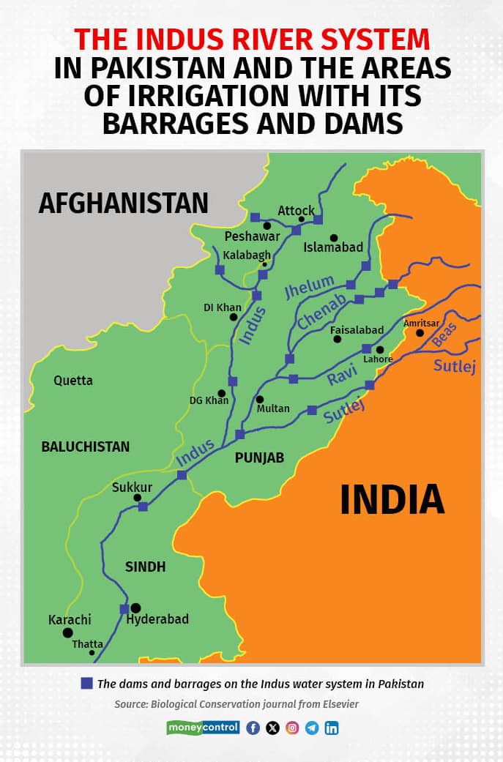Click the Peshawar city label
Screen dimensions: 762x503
pos(253,236)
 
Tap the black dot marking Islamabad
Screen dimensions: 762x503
pos(334,238)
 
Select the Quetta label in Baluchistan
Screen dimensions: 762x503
pos(73,381)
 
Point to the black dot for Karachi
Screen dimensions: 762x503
pos(67,632)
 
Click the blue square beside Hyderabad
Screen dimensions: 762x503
pos(124,608)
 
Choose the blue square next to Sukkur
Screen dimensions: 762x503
pos(143,507)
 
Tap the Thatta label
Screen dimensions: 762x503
pos(87,644)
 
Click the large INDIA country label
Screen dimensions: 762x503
pos(392,500)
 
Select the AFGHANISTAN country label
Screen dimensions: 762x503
pos(124,202)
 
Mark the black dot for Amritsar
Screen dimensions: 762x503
pos(420,333)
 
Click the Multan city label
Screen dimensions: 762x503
pos(273,408)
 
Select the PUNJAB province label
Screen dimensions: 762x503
pos(259,458)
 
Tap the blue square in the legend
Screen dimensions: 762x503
pos(86,683)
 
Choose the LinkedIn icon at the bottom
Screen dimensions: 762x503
pos(332,728)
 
